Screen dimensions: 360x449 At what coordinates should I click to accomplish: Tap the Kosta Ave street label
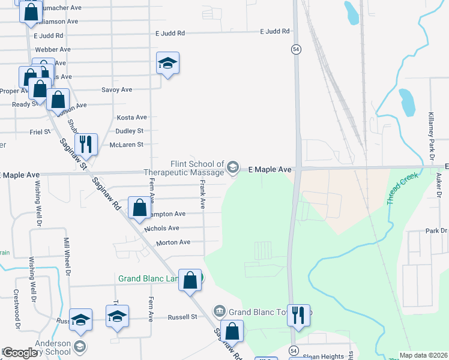[x=131, y=118]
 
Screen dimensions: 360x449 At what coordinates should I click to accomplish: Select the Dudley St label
[x=130, y=131]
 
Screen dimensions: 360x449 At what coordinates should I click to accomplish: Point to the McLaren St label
[x=126, y=145]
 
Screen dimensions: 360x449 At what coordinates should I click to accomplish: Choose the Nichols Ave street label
[x=161, y=229]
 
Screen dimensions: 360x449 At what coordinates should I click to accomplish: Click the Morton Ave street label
[x=173, y=242]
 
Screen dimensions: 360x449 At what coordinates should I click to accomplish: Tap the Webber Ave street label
[x=53, y=49]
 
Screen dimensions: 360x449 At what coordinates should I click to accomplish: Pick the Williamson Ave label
[x=56, y=21]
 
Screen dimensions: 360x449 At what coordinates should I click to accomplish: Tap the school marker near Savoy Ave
[x=167, y=62]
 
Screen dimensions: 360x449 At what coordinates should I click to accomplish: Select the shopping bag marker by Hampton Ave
[x=139, y=208]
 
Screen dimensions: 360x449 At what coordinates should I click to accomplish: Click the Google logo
[x=20, y=353]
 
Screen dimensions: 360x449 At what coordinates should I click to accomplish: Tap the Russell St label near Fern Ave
[x=182, y=317]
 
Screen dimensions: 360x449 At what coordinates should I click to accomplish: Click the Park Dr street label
[x=436, y=231]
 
